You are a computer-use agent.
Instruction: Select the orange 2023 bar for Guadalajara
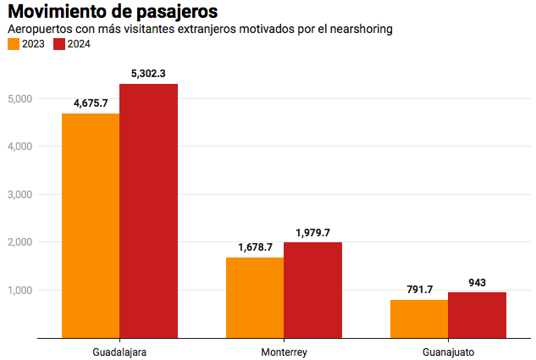coord(91,225)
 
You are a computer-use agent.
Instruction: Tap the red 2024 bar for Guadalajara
coord(149,211)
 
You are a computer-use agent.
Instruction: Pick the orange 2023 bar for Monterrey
coord(255,297)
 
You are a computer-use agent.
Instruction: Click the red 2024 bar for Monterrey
coord(312,290)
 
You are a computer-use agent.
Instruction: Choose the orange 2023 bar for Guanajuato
coord(419,318)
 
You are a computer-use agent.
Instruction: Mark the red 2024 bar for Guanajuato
coord(477,315)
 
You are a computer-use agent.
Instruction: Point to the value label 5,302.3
coord(148,74)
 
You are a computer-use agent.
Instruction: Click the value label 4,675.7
coord(91,103)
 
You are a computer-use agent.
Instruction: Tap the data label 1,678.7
coord(255,247)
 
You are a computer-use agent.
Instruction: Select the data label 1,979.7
coord(312,232)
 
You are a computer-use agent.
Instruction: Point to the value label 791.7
coord(419,290)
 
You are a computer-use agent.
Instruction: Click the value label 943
coord(477,282)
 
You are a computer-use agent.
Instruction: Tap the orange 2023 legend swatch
coord(14,44)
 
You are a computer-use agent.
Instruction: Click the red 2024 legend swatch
coord(59,44)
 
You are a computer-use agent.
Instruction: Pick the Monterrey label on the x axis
coord(284,351)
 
